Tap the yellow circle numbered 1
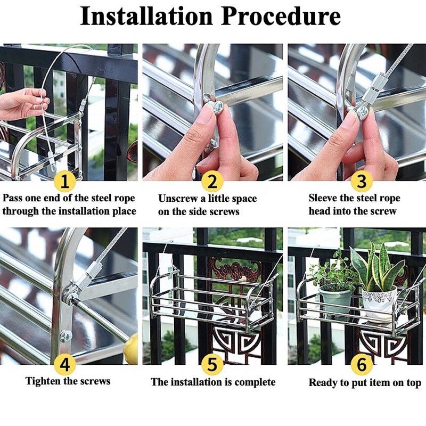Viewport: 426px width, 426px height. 64,182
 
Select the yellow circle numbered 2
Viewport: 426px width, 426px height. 212,182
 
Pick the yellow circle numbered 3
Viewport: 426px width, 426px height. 362,182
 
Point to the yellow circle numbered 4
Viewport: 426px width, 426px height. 64,365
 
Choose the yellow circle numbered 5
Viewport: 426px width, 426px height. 212,365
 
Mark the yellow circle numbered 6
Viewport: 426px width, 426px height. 362,365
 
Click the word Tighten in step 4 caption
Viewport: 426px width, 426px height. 44,381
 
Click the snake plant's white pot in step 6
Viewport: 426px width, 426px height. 379,304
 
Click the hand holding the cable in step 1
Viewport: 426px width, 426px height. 21,103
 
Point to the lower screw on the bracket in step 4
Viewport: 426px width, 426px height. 66,337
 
